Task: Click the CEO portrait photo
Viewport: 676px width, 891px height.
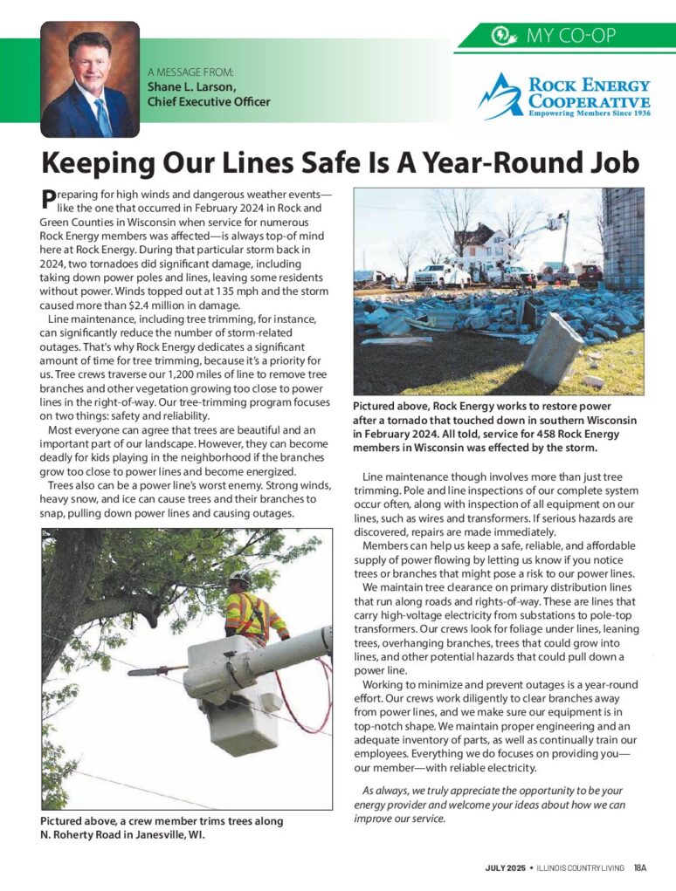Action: point(90,79)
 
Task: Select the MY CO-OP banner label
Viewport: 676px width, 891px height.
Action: point(571,36)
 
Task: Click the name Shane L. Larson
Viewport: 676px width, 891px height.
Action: point(190,87)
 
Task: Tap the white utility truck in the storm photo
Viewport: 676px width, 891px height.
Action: point(442,276)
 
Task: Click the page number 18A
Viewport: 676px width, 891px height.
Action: point(640,867)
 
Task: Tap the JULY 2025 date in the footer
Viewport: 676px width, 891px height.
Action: point(506,867)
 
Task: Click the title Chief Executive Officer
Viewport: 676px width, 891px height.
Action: point(209,101)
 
